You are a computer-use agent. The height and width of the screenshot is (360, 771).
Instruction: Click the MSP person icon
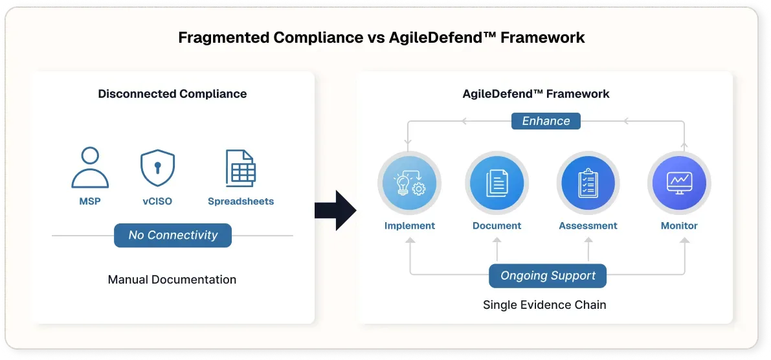(x=90, y=168)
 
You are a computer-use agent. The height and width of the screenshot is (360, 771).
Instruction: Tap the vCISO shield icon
(x=157, y=167)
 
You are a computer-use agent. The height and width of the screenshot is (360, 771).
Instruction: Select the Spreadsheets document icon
(x=241, y=168)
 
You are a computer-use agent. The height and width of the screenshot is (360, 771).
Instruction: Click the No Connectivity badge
(x=173, y=235)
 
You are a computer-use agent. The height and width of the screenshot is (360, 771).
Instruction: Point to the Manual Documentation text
(x=172, y=280)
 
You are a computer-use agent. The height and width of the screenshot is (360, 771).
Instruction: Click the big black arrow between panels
(x=335, y=210)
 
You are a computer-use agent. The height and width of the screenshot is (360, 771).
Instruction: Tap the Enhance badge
(x=546, y=121)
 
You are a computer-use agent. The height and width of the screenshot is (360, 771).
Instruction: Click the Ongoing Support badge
(x=548, y=276)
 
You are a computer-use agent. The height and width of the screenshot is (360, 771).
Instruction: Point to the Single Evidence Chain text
(x=544, y=304)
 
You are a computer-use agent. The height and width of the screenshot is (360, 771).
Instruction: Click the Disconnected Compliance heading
(x=172, y=94)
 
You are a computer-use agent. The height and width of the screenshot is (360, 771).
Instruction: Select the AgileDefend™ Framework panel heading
(x=536, y=94)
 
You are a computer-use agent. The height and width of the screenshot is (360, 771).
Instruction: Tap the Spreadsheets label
(x=241, y=201)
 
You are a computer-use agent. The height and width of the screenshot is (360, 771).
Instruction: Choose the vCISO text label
(x=157, y=201)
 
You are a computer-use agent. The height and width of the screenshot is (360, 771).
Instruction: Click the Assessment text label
(x=588, y=226)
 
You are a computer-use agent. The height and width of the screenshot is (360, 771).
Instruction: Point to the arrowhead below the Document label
(x=497, y=240)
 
